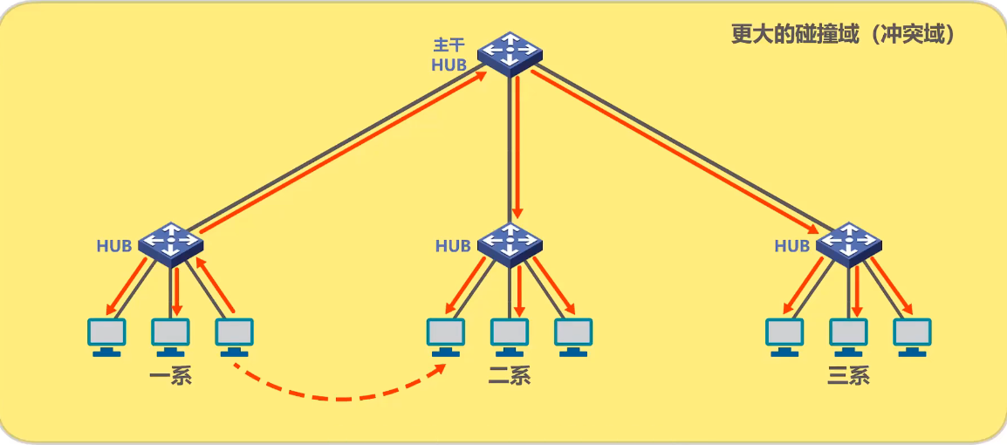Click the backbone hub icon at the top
[510, 53]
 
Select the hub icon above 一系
[171, 243]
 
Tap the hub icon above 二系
[510, 243]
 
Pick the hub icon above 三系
[848, 243]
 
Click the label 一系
[170, 377]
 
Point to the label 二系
[510, 377]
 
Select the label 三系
[848, 377]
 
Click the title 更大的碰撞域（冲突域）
[843, 34]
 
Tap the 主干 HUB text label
[449, 53]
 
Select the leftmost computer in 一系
[107, 336]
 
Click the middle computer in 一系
[171, 336]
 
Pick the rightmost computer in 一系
[234, 336]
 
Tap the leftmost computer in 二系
[446, 336]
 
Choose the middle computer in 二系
[510, 336]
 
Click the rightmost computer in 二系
[573, 336]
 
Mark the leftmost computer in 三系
[784, 336]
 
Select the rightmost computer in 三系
[912, 336]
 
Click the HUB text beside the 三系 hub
[791, 246]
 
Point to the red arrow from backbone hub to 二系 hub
[517, 148]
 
